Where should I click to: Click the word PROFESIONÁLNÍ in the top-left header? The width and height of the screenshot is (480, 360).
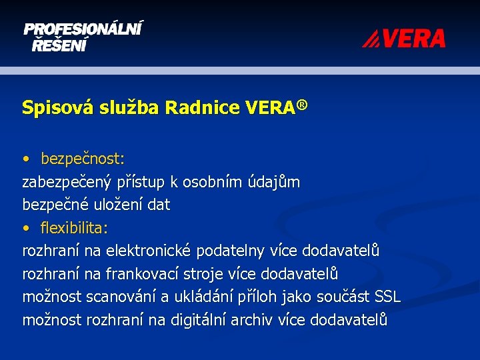pos(83,30)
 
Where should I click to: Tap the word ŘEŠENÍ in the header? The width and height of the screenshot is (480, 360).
pos(59,45)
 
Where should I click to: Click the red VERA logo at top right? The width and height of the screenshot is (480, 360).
pos(404,39)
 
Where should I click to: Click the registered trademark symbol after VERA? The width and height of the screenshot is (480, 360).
pos(303,105)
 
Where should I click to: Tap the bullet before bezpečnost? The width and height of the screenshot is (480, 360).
pos(25,159)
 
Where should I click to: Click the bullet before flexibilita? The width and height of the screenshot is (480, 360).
pos(25,229)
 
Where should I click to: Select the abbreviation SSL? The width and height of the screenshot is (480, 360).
pos(388,297)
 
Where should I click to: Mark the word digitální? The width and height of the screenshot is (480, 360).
pos(198,319)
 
